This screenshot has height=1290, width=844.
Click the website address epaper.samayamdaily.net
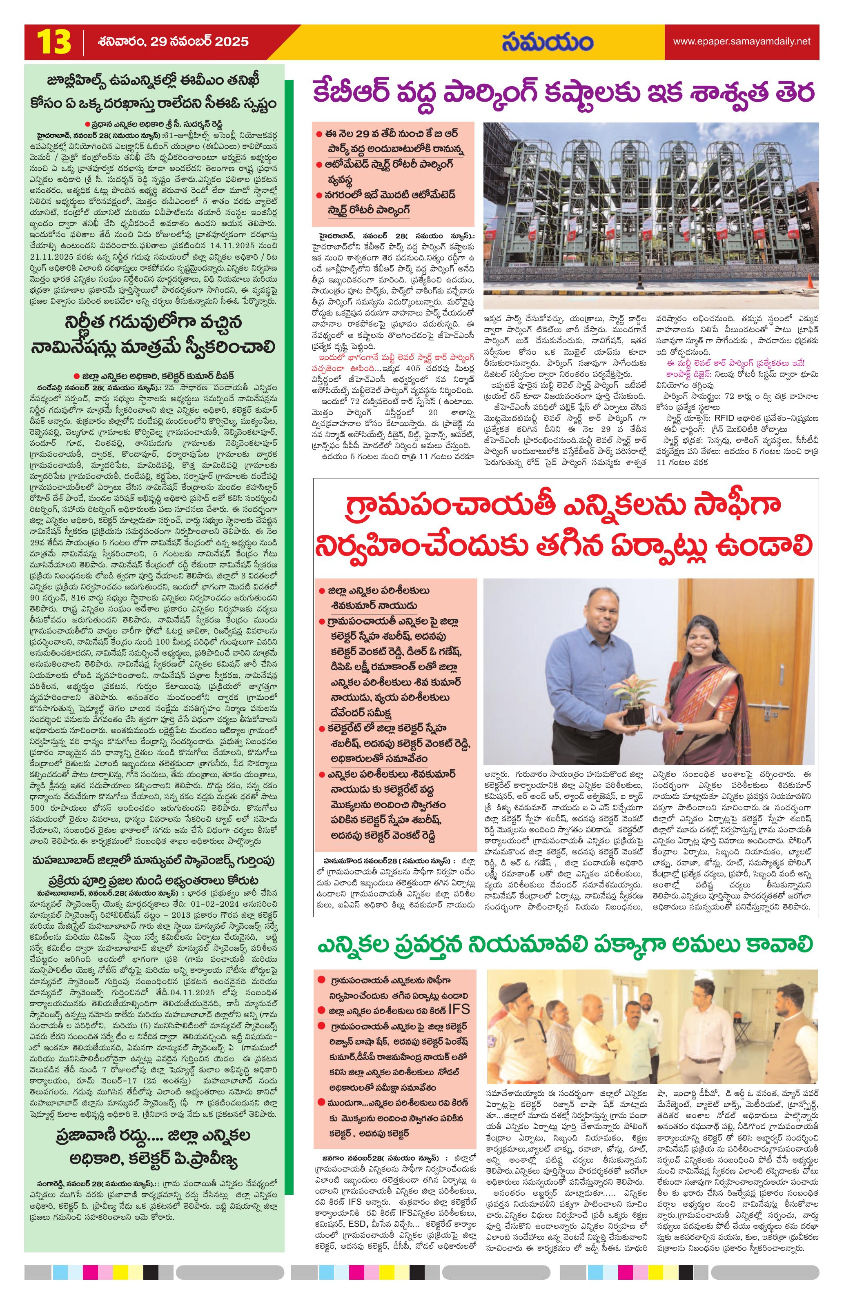(x=742, y=41)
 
